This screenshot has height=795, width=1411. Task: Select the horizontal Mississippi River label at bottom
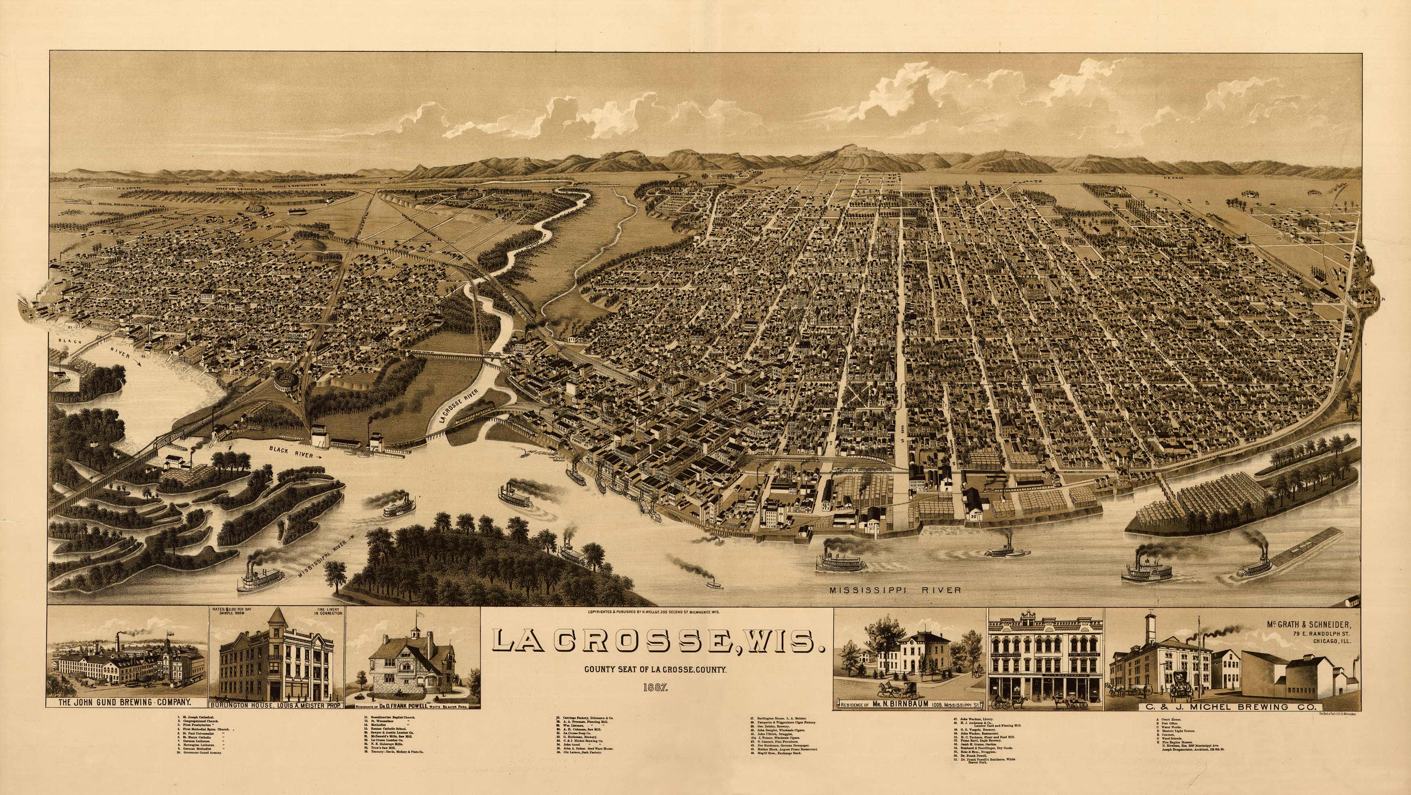coord(895,590)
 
